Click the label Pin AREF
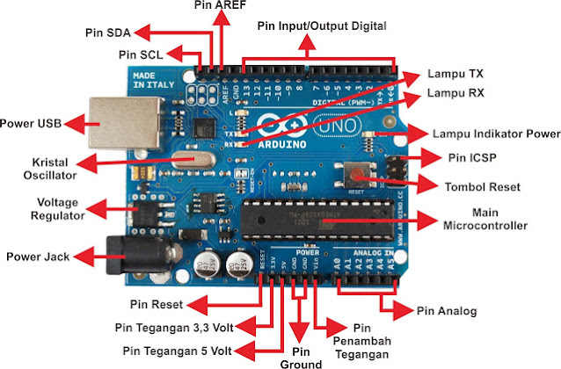point(221,7)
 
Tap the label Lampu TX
point(453,74)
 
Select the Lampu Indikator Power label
point(496,134)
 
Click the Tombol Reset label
point(481,187)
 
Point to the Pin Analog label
point(446,310)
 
